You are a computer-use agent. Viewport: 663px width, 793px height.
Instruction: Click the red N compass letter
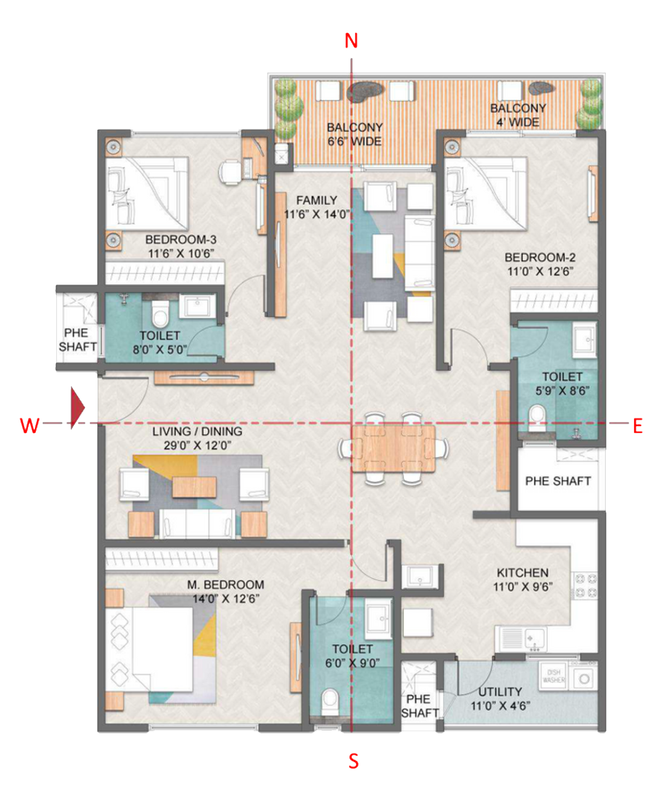click(351, 40)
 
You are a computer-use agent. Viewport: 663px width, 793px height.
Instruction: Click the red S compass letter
click(353, 762)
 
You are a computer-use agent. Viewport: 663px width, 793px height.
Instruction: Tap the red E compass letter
click(638, 427)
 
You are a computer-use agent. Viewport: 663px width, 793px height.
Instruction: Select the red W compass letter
click(29, 426)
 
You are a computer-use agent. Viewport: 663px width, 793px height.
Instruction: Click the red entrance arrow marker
click(77, 408)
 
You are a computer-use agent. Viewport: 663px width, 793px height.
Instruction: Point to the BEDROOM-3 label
click(181, 240)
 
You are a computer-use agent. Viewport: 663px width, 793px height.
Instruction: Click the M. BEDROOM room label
click(225, 585)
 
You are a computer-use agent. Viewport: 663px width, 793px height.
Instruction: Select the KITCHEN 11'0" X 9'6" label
click(523, 579)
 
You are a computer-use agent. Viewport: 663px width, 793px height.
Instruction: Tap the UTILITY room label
click(500, 691)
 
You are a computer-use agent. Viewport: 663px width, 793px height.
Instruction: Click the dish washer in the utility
click(554, 676)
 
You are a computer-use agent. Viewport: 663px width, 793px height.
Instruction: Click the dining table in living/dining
click(393, 448)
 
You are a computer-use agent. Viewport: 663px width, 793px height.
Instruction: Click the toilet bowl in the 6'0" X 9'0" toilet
click(330, 702)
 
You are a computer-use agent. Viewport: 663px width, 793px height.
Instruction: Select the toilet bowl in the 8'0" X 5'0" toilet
click(160, 314)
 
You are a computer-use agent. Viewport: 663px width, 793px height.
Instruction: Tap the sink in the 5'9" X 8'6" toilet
click(584, 339)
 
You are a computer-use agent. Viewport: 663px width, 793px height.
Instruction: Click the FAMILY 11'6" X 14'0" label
click(317, 207)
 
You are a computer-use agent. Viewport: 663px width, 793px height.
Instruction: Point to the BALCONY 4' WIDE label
click(518, 115)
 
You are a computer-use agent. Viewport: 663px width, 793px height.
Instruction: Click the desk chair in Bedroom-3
click(230, 172)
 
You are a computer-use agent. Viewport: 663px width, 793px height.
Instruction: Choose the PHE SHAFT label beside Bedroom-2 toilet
click(558, 482)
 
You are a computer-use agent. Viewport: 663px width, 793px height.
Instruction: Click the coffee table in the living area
click(194, 487)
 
